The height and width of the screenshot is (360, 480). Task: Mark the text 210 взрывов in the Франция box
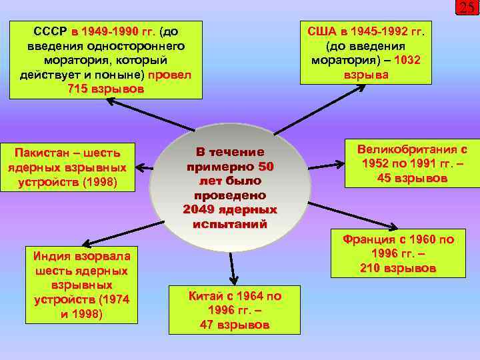coord(398,269)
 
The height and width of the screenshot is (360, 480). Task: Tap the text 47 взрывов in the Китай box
coord(235,325)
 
